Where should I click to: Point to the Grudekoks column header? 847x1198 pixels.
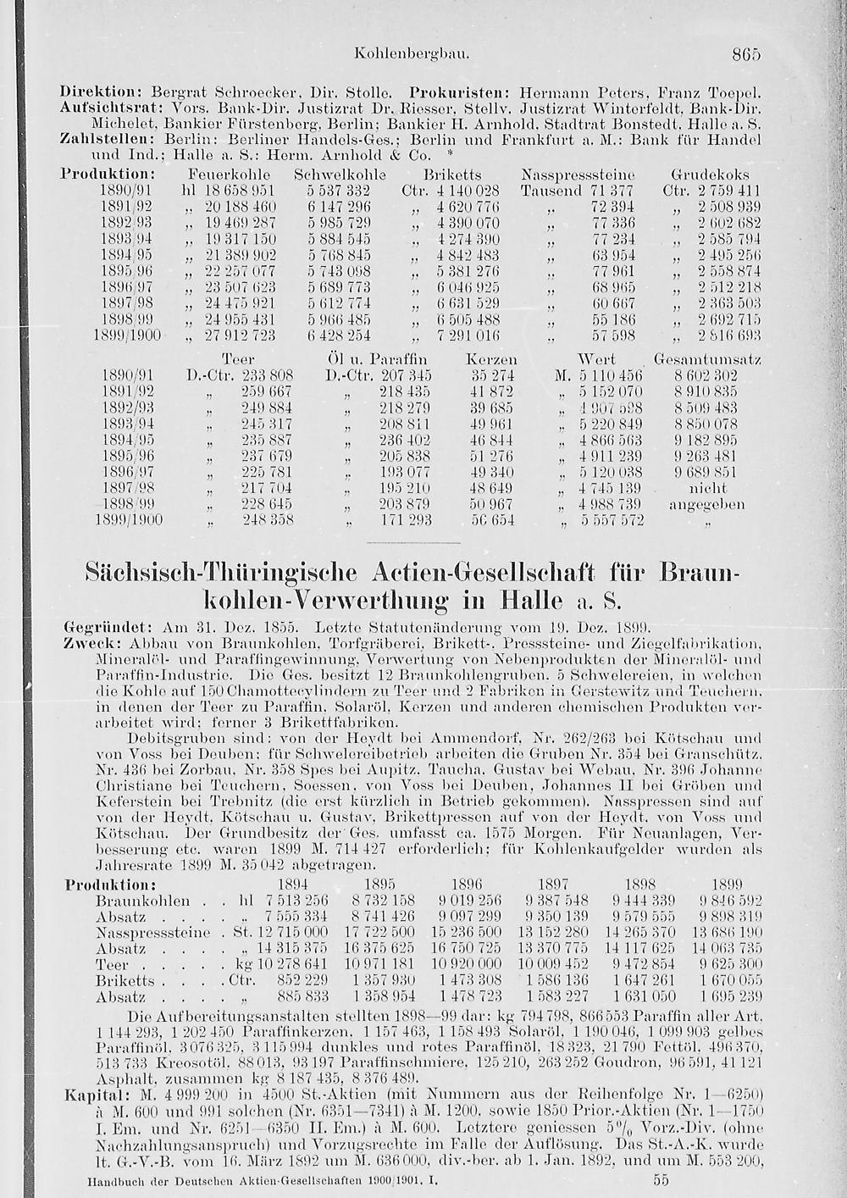point(709,175)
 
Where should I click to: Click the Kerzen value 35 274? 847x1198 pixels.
point(491,375)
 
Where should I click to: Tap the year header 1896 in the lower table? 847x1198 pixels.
point(465,884)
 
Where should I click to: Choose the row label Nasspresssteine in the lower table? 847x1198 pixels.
point(152,933)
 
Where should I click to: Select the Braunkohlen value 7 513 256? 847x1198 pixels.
point(296,901)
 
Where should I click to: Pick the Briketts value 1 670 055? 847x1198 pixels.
point(732,981)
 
